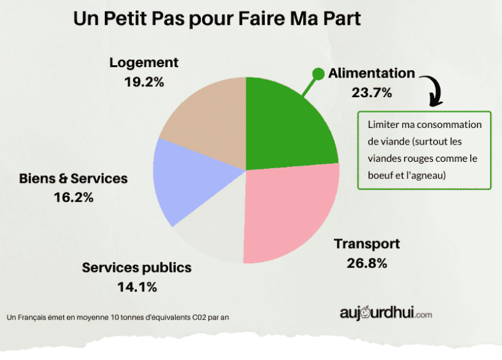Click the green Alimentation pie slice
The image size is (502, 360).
point(285,131)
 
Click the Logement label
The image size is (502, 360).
point(144,63)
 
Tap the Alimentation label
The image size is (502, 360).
point(372,73)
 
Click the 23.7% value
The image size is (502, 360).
point(372,92)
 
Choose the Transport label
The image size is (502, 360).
point(367,244)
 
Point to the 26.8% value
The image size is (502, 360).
point(367,263)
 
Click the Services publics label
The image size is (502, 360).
point(137,267)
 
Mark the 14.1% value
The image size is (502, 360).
point(137,287)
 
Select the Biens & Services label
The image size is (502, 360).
point(74,178)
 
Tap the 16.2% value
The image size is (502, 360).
point(74,198)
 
